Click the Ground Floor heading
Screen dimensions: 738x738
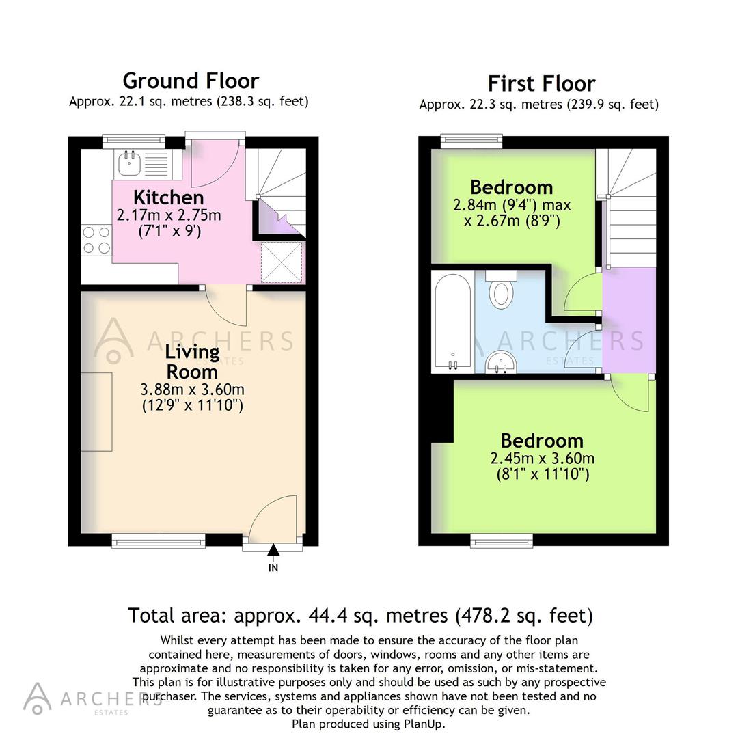click(x=191, y=81)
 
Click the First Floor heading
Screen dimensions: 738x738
click(x=541, y=83)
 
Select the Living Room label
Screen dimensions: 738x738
click(x=192, y=362)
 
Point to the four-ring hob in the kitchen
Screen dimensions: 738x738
click(x=96, y=240)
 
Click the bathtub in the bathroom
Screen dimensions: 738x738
click(x=452, y=322)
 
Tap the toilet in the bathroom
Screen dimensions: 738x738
click(x=502, y=290)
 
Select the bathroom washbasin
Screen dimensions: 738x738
click(x=502, y=364)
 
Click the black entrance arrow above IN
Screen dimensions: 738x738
click(x=273, y=551)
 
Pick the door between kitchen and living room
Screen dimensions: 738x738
click(x=227, y=306)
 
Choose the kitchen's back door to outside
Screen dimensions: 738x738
click(x=215, y=164)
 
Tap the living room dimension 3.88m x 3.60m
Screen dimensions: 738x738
click(x=192, y=390)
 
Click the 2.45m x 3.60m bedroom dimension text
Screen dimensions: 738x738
click(x=542, y=459)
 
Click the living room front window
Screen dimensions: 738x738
click(x=159, y=541)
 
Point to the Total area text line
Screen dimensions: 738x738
click(x=360, y=616)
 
